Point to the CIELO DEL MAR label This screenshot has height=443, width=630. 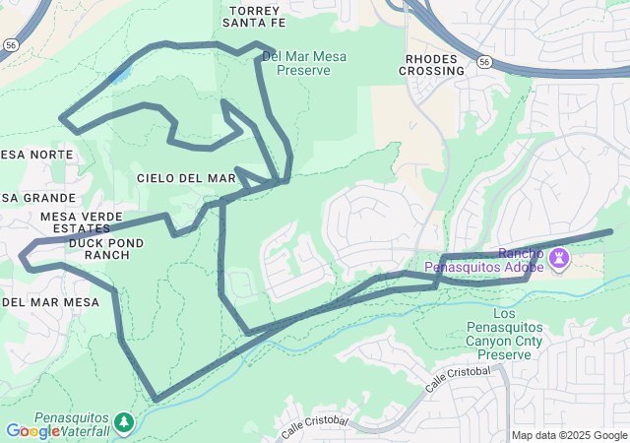(186, 178)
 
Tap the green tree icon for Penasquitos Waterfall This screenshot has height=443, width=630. (123, 422)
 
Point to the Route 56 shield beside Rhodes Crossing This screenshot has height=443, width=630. (484, 61)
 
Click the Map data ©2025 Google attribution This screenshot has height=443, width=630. (568, 435)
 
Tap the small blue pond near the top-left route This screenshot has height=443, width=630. (119, 76)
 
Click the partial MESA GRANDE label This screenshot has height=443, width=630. (24, 198)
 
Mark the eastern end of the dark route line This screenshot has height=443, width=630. (610, 231)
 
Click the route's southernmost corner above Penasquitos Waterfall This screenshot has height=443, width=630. (157, 400)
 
